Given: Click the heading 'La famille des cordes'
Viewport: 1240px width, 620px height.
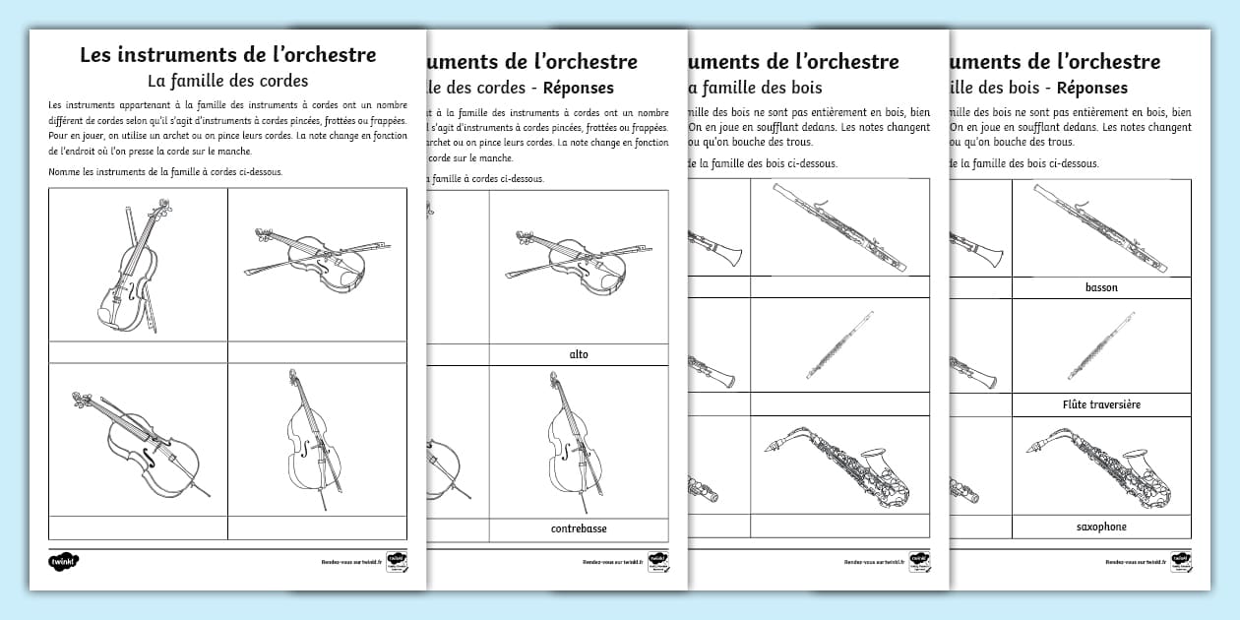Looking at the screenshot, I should tap(227, 80).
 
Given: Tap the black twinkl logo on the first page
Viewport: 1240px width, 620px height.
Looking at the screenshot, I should tap(63, 561).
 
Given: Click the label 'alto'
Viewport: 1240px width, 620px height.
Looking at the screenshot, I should tap(579, 354).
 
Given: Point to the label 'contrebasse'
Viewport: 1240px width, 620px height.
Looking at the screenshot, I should tap(579, 528).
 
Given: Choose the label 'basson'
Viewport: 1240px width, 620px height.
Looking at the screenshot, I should tap(1101, 287).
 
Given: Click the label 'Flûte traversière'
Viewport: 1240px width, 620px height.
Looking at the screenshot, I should tap(1101, 404).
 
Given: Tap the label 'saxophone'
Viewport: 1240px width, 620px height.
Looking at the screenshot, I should tap(1101, 527).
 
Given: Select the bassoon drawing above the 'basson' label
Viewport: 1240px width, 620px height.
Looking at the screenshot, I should tap(1101, 227).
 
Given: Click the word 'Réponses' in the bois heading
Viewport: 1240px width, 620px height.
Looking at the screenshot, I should tap(1090, 88).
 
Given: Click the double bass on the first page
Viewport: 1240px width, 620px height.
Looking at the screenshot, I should tap(314, 439).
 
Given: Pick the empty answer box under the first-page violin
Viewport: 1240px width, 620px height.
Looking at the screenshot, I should tap(139, 353).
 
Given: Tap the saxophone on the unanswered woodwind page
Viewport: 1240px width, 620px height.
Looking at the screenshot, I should tap(837, 468).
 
